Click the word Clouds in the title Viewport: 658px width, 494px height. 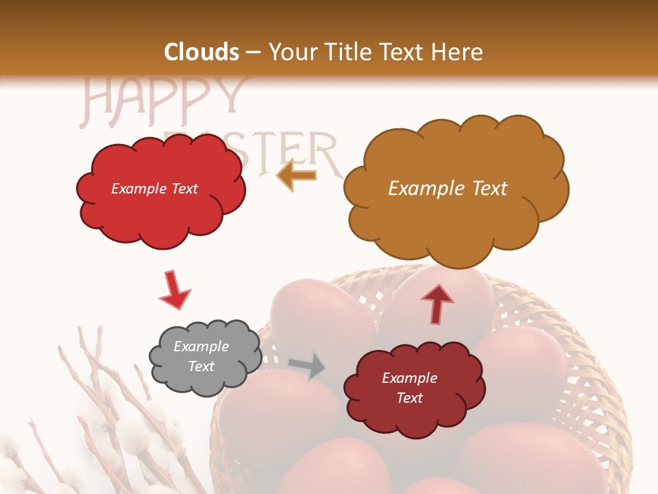click(x=202, y=52)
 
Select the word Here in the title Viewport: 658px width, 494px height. click(x=457, y=52)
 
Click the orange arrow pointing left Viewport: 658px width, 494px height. click(x=296, y=175)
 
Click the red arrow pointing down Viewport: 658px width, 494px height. click(x=174, y=290)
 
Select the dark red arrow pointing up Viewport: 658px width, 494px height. click(x=437, y=303)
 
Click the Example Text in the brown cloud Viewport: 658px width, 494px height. click(x=448, y=189)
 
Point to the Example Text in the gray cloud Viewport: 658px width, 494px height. click(x=201, y=356)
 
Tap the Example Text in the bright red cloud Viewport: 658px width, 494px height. click(x=154, y=189)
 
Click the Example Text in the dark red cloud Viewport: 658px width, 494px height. click(x=409, y=388)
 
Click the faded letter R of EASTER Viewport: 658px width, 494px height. click(x=327, y=154)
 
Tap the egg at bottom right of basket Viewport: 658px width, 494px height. click(x=528, y=456)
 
